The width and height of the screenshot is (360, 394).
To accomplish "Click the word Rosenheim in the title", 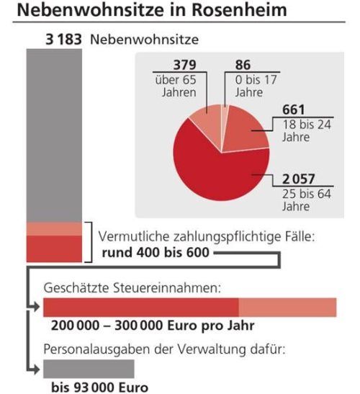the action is [239, 10].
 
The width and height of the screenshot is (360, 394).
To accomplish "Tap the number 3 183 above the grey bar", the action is [63, 40].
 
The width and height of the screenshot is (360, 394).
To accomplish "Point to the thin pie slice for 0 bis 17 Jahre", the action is [225, 118].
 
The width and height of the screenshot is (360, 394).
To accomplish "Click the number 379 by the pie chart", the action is [184, 65].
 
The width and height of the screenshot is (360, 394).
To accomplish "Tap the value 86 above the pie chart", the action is [243, 65].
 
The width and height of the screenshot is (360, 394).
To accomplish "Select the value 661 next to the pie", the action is [294, 109].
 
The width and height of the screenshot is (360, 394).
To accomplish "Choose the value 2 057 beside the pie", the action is [299, 179].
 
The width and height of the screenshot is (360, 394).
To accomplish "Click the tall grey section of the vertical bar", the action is [54, 135].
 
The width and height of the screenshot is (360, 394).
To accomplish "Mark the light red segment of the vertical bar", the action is [54, 229].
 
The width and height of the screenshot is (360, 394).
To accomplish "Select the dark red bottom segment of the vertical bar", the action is [54, 249].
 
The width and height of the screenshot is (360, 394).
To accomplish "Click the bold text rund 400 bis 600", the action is [156, 253].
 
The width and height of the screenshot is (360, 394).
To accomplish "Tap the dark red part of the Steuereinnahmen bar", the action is [141, 308].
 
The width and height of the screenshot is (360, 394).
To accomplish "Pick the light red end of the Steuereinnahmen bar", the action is [287, 308].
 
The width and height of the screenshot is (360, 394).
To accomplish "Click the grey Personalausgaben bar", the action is [89, 369].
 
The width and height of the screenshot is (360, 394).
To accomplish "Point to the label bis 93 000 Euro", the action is [99, 388].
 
